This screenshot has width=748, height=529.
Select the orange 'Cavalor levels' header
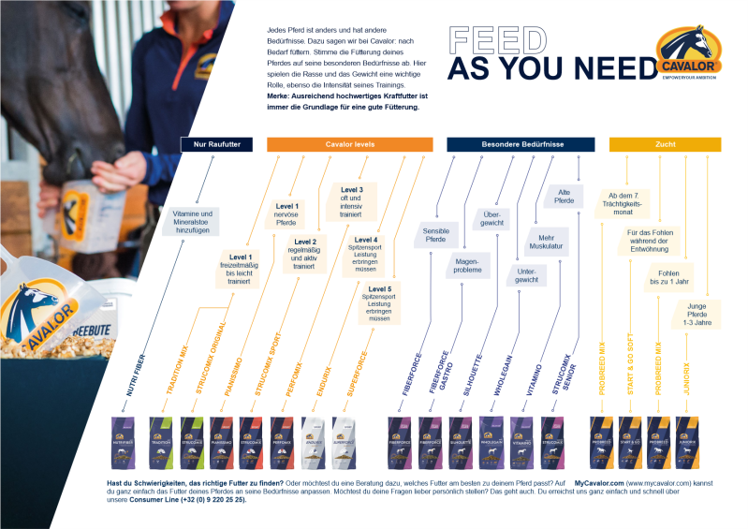350,144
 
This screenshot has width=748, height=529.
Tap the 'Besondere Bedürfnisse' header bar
520,144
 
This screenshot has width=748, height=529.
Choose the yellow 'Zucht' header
665,144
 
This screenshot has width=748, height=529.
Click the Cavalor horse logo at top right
691,55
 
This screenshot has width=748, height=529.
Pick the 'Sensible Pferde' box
436,234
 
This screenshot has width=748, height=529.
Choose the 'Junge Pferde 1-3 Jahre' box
697,316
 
